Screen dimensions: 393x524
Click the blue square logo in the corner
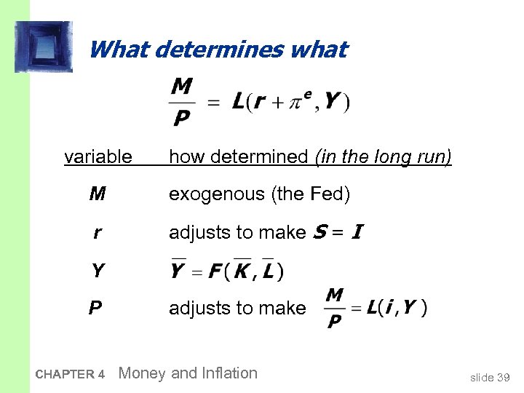[x=44, y=47]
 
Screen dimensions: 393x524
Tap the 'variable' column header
[x=98, y=156]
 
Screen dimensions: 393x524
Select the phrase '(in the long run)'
[x=384, y=156]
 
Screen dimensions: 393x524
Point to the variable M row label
[x=97, y=194]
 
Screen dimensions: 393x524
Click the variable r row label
[x=97, y=233]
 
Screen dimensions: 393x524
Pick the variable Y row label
[x=97, y=271]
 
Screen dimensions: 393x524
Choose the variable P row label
[x=95, y=309]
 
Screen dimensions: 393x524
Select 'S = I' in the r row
[x=337, y=233]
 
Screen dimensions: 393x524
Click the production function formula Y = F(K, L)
[x=226, y=271]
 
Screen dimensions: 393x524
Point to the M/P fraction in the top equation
[x=182, y=103]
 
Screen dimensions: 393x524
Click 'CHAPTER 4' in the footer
[x=70, y=375]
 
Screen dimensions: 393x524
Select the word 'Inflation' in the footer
[x=225, y=373]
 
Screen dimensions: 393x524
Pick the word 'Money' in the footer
[x=141, y=373]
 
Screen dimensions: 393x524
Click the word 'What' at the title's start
[x=119, y=50]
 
